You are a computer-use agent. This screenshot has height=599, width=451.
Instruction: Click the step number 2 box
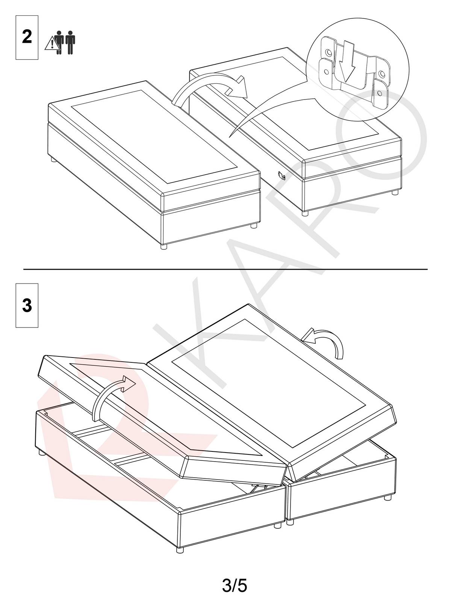pyautogui.click(x=27, y=38)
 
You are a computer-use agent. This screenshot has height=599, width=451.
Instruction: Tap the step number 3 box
pyautogui.click(x=27, y=305)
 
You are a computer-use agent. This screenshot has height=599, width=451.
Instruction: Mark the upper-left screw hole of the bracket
pyautogui.click(x=329, y=52)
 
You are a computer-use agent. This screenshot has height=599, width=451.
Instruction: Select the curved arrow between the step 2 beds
pyautogui.click(x=210, y=87)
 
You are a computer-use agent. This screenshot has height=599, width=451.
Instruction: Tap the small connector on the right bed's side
pyautogui.click(x=282, y=175)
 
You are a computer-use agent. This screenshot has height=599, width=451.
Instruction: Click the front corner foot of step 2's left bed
pyautogui.click(x=163, y=247)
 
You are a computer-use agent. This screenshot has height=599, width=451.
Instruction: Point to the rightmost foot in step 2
pyautogui.click(x=395, y=192)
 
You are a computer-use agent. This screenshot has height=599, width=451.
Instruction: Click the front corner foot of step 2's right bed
pyautogui.click(x=305, y=213)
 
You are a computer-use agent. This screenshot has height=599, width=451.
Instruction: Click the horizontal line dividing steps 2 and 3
pyautogui.click(x=225, y=269)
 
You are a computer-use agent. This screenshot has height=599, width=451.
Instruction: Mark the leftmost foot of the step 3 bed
pyautogui.click(x=40, y=453)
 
